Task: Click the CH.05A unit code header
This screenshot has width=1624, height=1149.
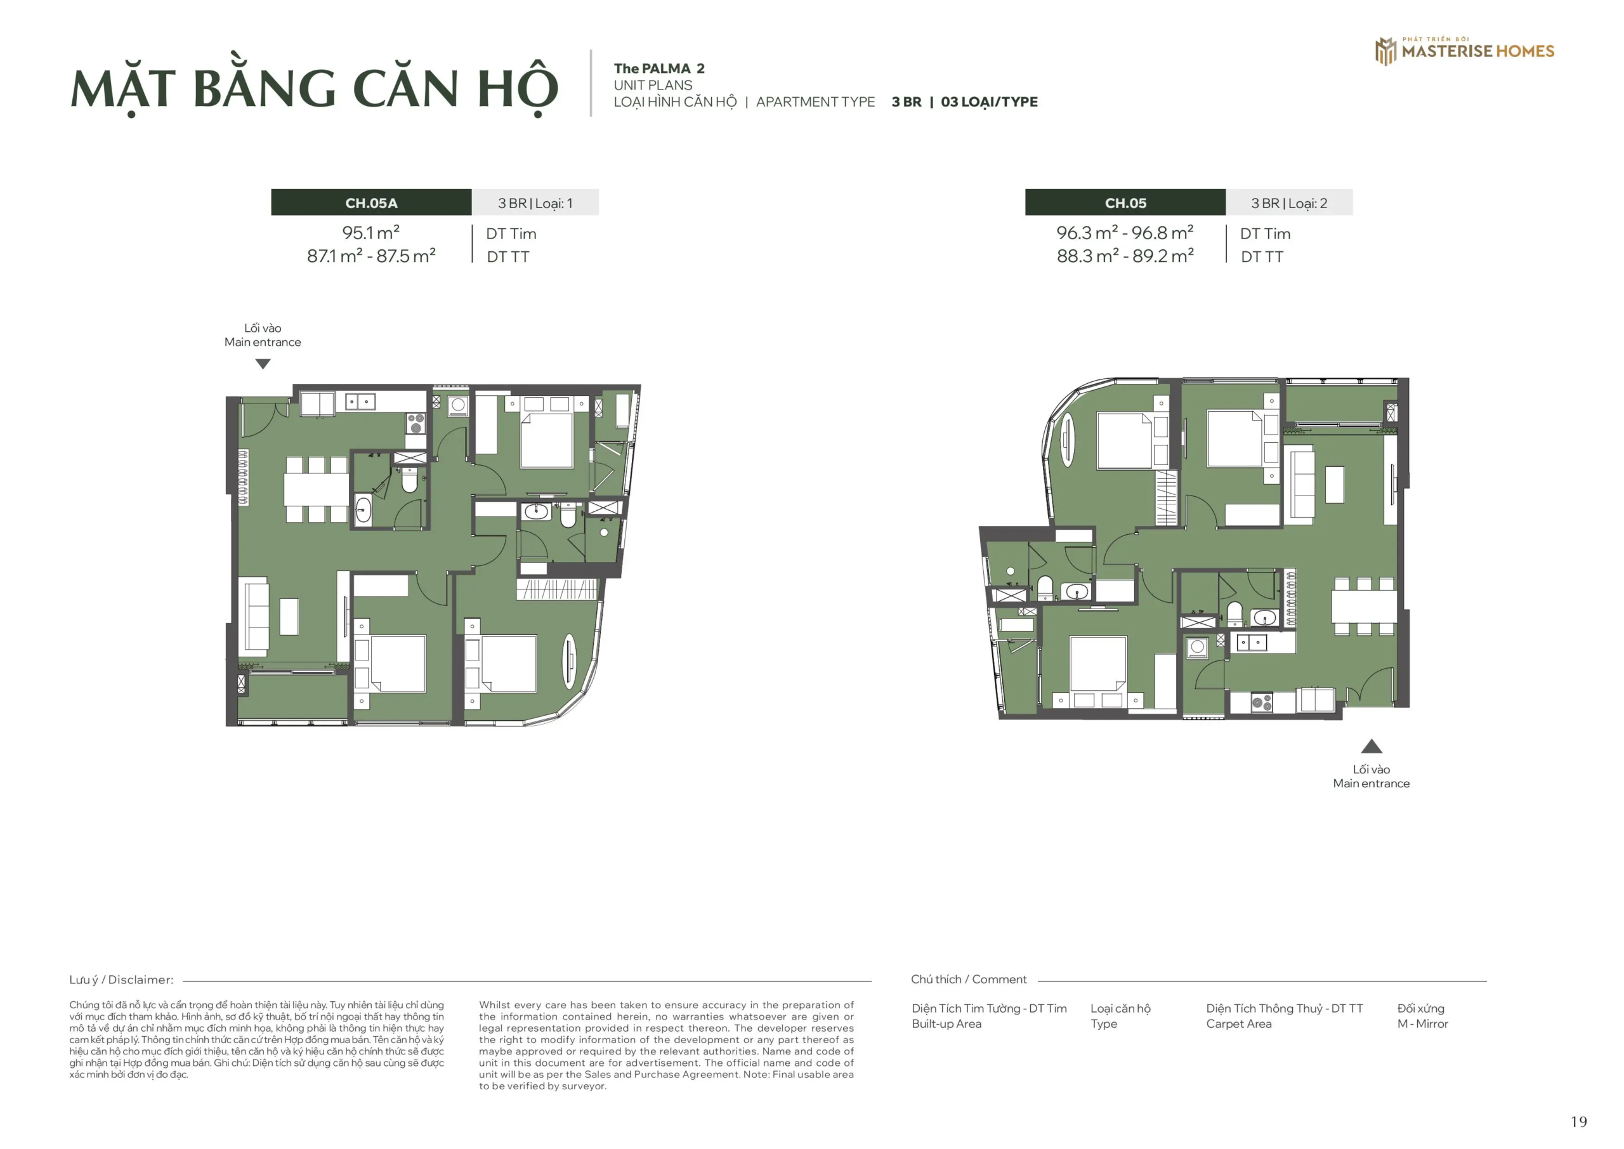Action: point(370,203)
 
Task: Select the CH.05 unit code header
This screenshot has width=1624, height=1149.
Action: point(1125,203)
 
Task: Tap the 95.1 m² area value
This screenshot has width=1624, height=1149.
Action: point(370,233)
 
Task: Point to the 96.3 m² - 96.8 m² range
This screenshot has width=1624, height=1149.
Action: point(1125,233)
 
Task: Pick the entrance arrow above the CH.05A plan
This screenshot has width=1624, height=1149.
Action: point(263,364)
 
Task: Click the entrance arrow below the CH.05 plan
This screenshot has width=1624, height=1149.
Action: point(1371,746)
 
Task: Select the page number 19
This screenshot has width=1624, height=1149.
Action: point(1578,1122)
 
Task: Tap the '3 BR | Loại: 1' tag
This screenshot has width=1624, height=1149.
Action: point(535,203)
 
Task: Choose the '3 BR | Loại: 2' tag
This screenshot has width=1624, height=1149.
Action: point(1288,203)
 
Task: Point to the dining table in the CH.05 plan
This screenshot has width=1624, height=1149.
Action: point(1364,606)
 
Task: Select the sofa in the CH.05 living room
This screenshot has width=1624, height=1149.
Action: point(1302,485)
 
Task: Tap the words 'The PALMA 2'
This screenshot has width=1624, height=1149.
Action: point(658,69)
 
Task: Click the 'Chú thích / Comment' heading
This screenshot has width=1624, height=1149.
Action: point(968,979)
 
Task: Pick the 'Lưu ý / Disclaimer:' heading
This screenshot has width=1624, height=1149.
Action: point(121,980)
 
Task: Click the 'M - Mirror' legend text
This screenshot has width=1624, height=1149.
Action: point(1422,1024)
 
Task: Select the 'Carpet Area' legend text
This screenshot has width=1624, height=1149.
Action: point(1238,1024)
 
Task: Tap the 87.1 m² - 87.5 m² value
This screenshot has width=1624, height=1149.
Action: point(370,256)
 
